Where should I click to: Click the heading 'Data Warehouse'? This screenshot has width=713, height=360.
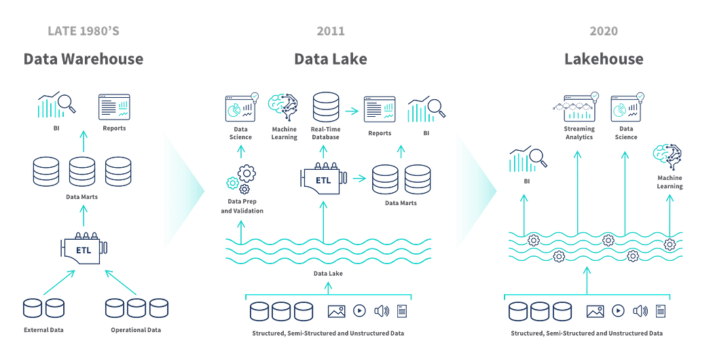pos(84,59)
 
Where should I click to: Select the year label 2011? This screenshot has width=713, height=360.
pos(331,31)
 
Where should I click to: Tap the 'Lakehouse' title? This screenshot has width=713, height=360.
pos(604,59)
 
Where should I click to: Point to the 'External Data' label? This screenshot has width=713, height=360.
pos(43,330)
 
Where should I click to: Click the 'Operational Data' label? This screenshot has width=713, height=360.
pos(136,330)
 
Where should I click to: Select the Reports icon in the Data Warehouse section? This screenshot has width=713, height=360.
pos(114,107)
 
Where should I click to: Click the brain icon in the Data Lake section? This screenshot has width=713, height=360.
pos(283,107)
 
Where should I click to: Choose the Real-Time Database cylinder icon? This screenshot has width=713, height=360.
pos(325,107)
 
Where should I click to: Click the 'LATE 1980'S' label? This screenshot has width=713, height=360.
pos(84,31)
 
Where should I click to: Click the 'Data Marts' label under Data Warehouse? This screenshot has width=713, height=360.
pos(84,197)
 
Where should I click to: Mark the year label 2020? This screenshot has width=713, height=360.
pos(604,31)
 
